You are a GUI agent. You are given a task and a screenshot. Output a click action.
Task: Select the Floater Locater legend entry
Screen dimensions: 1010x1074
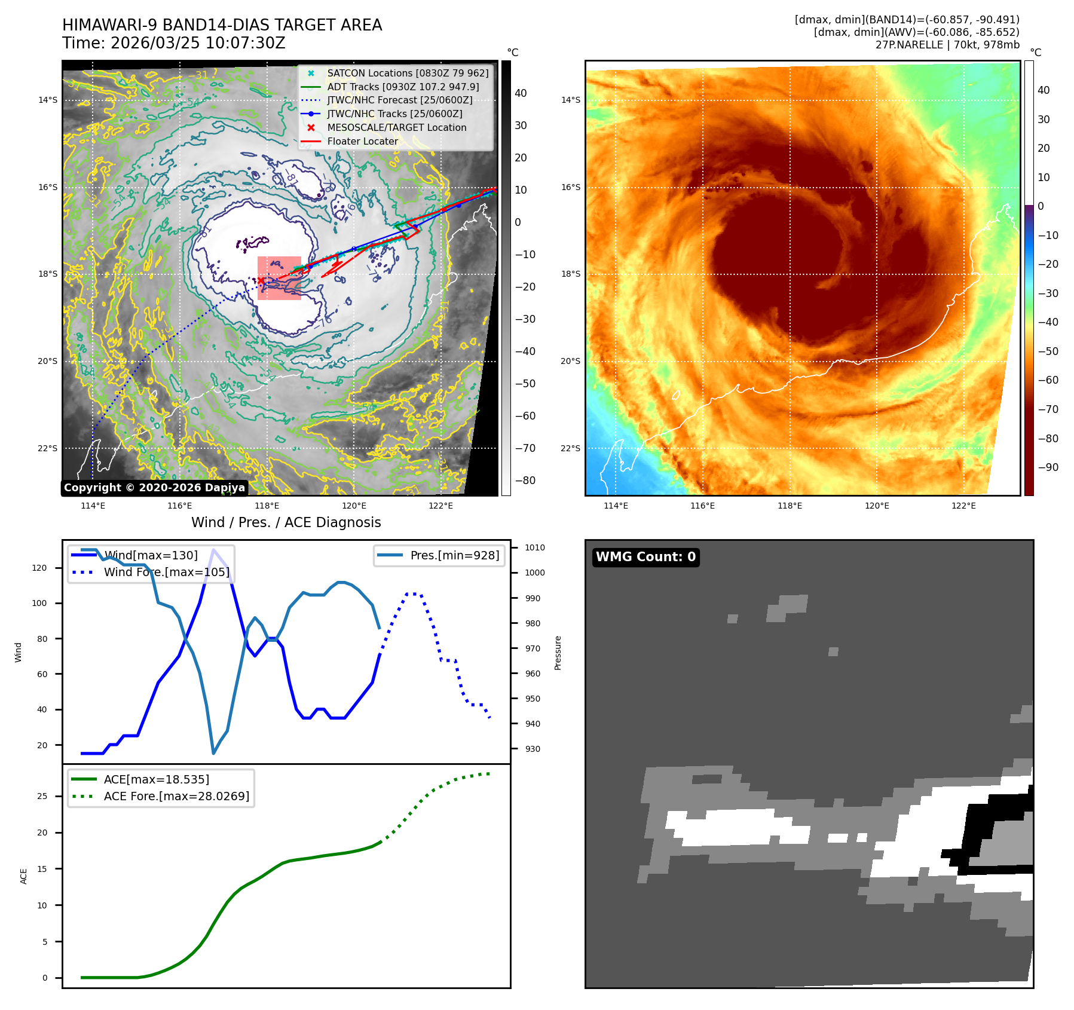coord(362,141)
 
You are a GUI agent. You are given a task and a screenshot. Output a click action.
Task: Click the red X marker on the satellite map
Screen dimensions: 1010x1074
coord(261,280)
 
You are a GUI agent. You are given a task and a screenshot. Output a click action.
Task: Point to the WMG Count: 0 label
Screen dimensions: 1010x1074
coord(645,557)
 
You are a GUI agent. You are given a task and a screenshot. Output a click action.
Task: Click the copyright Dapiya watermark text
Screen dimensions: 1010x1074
coord(154,488)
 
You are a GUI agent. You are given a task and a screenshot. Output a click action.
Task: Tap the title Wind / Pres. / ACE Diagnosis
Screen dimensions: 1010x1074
coord(286,522)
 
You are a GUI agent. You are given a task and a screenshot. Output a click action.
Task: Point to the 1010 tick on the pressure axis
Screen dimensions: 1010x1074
coord(534,547)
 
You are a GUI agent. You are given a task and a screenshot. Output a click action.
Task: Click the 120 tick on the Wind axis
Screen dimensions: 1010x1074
coord(39,568)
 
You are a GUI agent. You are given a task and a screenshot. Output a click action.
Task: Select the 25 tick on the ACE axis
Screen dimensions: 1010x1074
coord(42,796)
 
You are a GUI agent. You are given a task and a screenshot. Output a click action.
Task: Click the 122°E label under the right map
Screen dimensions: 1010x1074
coord(963,506)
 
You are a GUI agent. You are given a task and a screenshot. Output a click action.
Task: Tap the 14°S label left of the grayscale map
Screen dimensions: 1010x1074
coord(48,100)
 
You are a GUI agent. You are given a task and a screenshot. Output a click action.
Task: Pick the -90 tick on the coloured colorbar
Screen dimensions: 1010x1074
coord(1048,467)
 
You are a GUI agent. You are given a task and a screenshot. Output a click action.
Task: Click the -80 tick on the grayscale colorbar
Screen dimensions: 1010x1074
coord(525,480)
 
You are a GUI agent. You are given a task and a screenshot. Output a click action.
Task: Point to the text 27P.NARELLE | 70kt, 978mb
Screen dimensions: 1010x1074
coord(947,45)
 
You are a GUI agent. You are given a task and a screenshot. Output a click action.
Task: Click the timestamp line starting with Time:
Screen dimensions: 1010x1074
coord(174,43)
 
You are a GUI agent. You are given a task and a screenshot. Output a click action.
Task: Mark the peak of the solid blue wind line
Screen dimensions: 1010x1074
coord(213,549)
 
